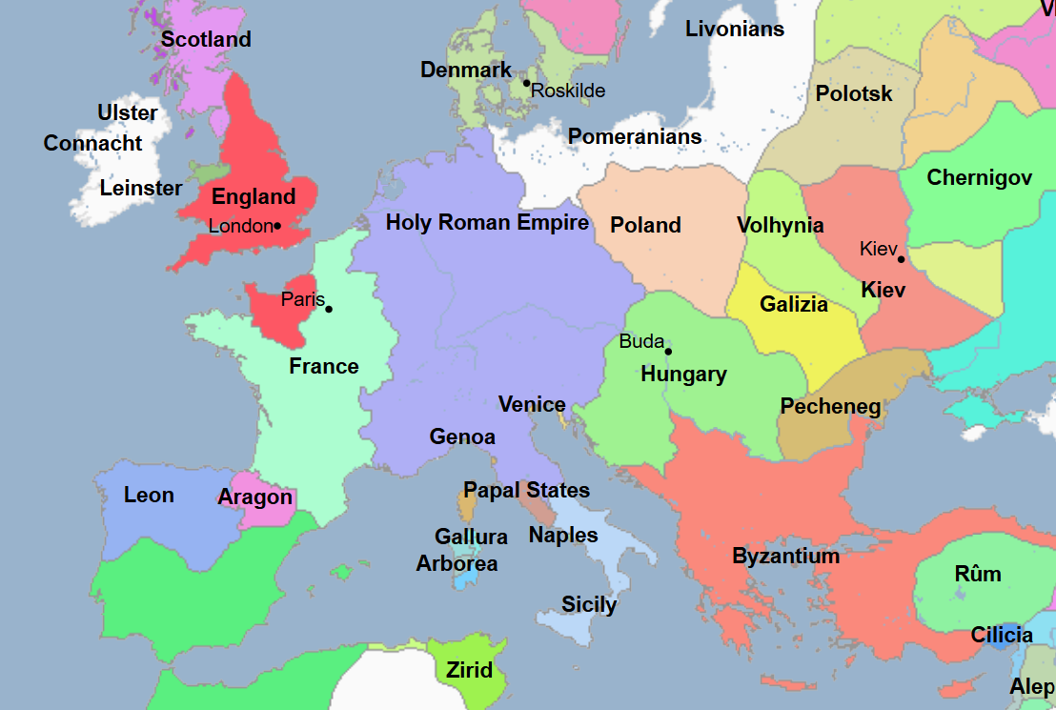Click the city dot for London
click(276, 226)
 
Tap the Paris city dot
click(329, 309)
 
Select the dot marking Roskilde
click(526, 83)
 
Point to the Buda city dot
click(668, 352)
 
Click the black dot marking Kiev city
click(901, 259)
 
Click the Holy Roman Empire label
click(487, 223)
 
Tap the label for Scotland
click(206, 39)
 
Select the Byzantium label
click(785, 557)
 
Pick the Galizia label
click(794, 305)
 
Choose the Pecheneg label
click(830, 407)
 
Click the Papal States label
click(526, 491)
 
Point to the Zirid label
click(470, 670)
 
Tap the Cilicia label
click(1002, 635)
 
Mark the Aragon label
click(254, 497)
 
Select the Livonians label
click(734, 29)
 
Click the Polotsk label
click(854, 93)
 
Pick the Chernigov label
click(979, 177)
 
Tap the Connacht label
click(92, 144)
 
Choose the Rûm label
click(978, 574)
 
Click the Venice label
click(532, 404)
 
